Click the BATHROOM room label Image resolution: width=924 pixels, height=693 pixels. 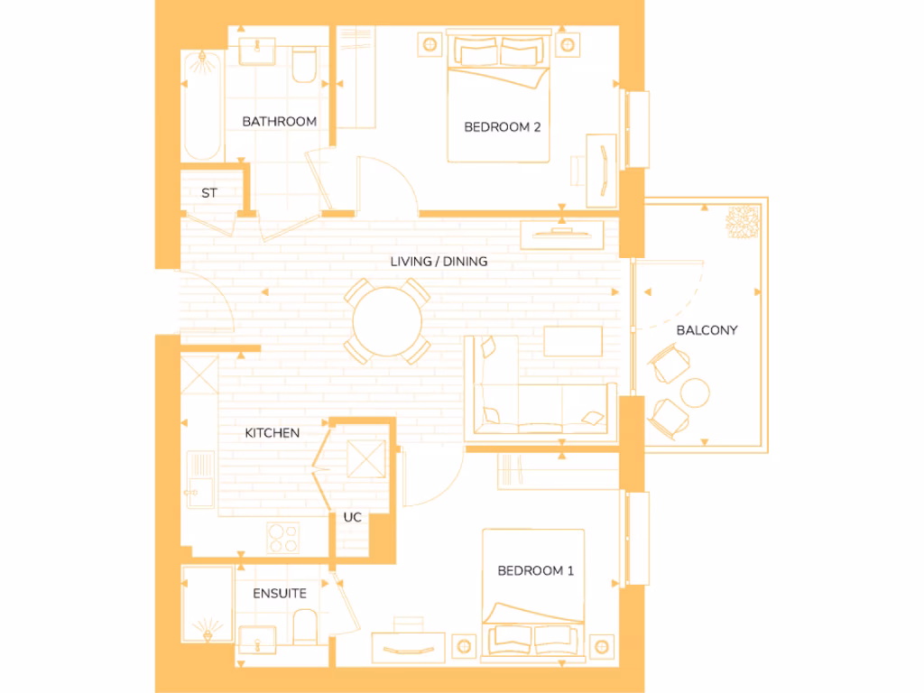pos(279,121)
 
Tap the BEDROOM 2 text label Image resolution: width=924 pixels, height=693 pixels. pos(502,127)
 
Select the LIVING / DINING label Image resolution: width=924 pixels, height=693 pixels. pos(439,262)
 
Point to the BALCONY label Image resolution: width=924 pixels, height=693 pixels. pos(707,330)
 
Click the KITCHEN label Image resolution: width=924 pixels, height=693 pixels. pos(272,433)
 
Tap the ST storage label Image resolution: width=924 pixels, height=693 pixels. pos(209,193)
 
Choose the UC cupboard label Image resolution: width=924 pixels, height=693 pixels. pos(353,518)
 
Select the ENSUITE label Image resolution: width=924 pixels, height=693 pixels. pos(279,594)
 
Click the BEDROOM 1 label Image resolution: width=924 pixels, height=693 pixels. pos(535,570)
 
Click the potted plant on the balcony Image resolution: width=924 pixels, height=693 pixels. pos(743,221)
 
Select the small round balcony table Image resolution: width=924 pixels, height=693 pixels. pos(695,393)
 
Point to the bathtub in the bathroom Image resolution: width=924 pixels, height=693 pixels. pos(201,106)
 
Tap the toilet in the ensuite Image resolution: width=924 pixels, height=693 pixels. pos(305,626)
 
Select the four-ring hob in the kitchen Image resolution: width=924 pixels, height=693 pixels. pos(284,539)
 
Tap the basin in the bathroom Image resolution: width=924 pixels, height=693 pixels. pos(260,50)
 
